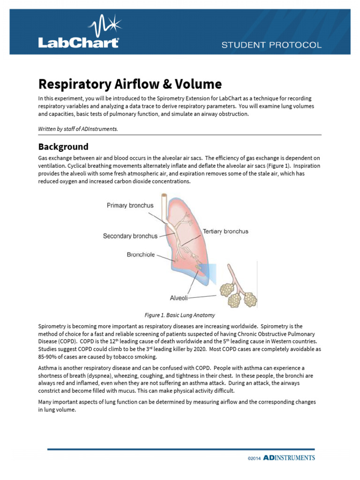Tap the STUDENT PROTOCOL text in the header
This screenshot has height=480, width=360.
click(x=271, y=45)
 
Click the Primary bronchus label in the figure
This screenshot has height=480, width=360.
click(x=130, y=205)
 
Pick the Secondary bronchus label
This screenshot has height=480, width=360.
click(x=130, y=236)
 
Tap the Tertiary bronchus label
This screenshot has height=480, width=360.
click(x=225, y=232)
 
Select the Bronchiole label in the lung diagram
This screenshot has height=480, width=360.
click(x=141, y=255)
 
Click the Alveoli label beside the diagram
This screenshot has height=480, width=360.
click(x=179, y=297)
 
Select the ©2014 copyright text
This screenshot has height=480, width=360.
click(x=254, y=458)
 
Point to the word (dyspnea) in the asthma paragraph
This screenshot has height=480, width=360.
click(x=120, y=375)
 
